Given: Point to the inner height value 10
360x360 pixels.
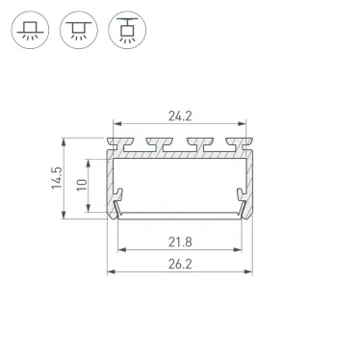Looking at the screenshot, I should point(85,183).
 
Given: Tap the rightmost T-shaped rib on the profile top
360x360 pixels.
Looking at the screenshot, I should point(232,144).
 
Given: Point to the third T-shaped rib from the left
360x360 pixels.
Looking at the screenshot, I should point(196,144).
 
